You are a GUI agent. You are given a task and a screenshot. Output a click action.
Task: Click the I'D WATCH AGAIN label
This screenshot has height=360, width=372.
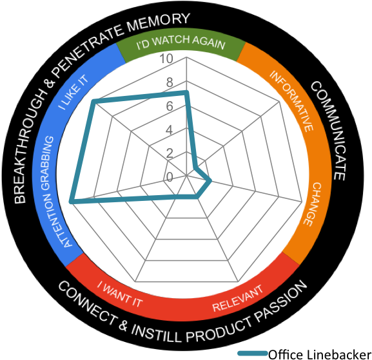tap(181, 44)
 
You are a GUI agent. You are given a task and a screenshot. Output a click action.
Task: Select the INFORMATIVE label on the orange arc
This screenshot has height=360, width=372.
tap(291, 101)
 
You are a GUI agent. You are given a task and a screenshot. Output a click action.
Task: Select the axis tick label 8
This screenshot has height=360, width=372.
tap(169, 83)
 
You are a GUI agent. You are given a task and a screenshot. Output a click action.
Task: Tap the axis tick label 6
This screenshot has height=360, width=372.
tap(169, 107)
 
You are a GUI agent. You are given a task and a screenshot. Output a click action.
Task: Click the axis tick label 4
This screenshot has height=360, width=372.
tap(169, 130)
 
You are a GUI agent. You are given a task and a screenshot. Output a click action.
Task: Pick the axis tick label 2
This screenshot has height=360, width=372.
tap(169, 154)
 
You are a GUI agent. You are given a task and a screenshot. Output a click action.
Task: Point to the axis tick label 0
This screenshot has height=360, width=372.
tap(169, 177)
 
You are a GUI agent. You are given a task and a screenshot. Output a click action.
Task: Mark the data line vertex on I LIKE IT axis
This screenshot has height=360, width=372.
tap(94, 101)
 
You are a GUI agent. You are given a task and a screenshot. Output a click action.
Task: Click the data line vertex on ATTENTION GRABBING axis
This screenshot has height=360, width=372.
tap(70, 202)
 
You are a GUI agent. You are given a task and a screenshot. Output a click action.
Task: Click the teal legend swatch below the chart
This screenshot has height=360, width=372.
tap(253, 353)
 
